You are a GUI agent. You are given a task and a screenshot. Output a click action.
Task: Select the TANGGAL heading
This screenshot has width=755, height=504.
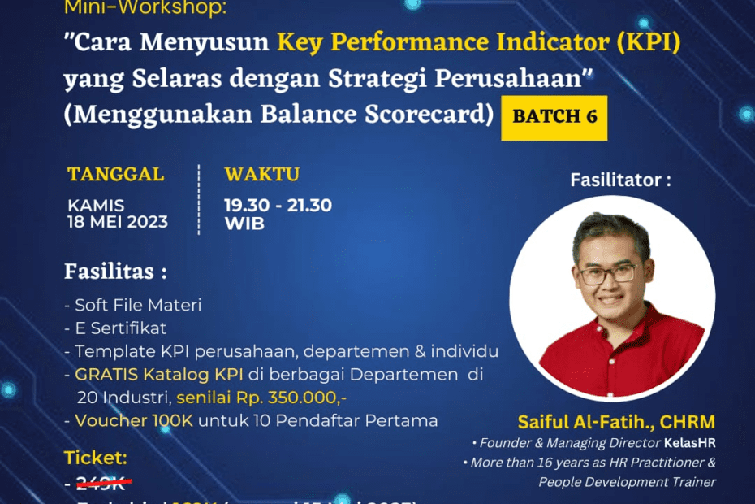tap(115, 174)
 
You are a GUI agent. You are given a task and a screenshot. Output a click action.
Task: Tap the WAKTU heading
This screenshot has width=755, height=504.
tap(261, 174)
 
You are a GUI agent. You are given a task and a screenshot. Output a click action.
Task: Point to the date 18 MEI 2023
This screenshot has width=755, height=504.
tap(118, 222)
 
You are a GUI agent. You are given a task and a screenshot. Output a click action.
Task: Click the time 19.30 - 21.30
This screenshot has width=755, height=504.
tap(278, 206)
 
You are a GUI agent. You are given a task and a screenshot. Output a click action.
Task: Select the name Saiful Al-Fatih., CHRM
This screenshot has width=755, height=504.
tap(616, 422)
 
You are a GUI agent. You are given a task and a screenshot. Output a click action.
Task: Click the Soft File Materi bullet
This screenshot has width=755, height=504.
tap(133, 305)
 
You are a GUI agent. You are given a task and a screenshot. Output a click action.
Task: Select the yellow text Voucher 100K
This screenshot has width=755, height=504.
tap(126, 420)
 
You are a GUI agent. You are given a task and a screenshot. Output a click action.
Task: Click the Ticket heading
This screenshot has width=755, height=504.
tap(95, 458)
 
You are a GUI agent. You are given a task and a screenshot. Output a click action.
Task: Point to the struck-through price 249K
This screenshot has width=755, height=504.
tap(103, 484)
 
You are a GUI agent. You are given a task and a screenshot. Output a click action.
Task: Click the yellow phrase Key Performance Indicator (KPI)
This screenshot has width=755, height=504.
tap(479, 41)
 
